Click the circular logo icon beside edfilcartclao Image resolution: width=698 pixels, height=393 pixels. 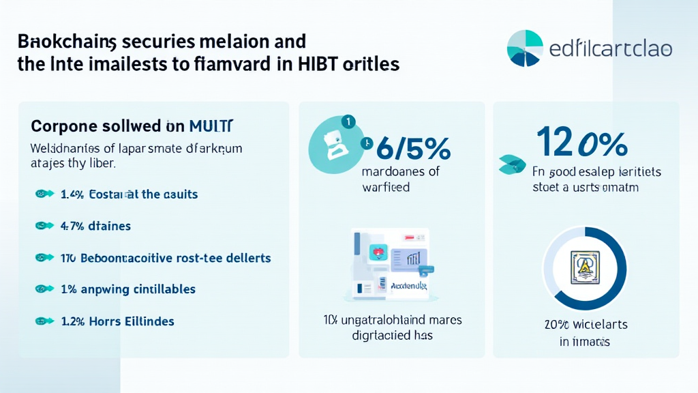526,48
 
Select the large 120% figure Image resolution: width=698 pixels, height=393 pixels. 581,143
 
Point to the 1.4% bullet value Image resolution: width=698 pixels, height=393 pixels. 72,194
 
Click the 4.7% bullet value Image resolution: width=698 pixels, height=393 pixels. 72,226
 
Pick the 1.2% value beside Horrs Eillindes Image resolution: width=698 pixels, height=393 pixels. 72,321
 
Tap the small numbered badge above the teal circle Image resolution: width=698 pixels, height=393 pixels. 348,122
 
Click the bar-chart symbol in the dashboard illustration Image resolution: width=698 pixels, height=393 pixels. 414,258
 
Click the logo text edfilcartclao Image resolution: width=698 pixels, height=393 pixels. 611,49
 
